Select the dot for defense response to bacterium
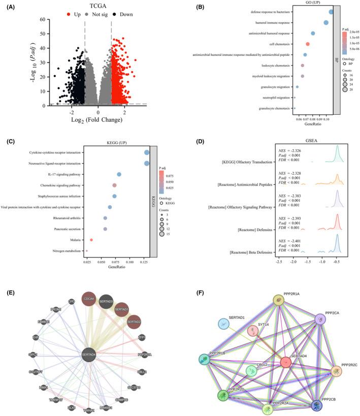[x=331, y=12]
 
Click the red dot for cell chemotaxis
[x=308, y=44]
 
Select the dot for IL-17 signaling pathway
[x=119, y=174]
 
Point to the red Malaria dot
[x=91, y=240]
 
